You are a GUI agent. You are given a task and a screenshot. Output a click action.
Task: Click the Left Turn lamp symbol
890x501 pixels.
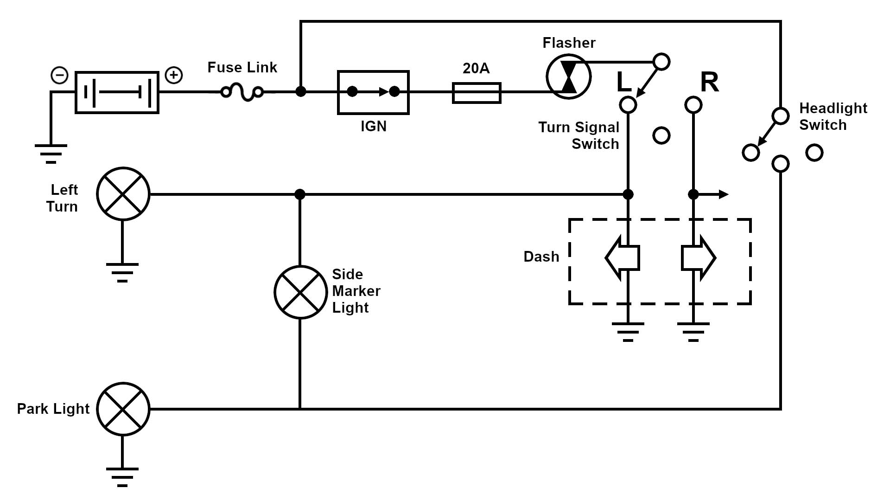tap(123, 194)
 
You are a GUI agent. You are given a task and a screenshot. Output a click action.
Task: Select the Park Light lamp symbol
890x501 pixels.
tap(123, 409)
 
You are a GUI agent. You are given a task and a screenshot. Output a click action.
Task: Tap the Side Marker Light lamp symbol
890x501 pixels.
tap(300, 292)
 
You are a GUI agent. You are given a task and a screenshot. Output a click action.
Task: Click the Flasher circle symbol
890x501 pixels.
tap(568, 77)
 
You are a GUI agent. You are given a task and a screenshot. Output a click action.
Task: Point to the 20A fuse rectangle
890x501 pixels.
tap(477, 93)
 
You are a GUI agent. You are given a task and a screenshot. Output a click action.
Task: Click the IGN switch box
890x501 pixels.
tap(373, 92)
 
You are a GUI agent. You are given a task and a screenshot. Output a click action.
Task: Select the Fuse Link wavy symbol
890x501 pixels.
tap(242, 92)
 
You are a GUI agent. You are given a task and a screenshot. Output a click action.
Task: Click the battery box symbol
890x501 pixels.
tap(117, 92)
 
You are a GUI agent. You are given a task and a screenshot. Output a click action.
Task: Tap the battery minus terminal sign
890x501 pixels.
tap(59, 75)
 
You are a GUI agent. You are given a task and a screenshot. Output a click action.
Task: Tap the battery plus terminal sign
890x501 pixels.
tap(174, 75)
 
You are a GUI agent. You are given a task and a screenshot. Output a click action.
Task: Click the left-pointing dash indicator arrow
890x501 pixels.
tap(622, 258)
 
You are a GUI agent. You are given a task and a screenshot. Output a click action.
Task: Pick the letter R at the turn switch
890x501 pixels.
tap(709, 82)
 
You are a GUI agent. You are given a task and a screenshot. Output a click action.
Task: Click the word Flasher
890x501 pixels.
tap(569, 43)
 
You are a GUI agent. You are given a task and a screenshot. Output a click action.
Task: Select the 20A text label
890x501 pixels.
tap(476, 68)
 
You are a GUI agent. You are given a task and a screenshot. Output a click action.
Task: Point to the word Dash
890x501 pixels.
tap(541, 257)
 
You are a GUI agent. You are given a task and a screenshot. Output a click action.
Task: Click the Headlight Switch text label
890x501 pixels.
tap(833, 116)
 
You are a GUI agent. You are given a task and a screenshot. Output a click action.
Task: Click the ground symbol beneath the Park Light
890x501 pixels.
tap(122, 476)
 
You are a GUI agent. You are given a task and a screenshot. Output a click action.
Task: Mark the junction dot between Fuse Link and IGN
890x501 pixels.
tap(301, 91)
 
